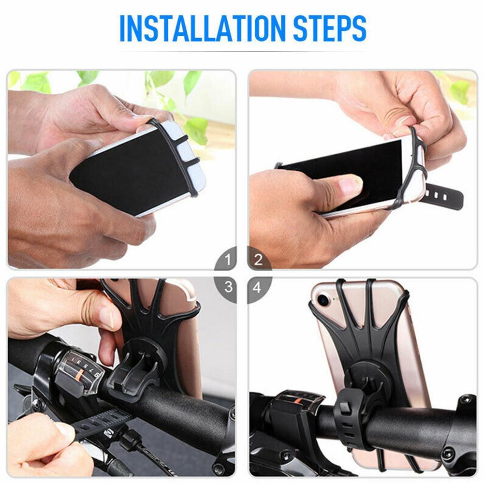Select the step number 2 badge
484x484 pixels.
[x=257, y=261]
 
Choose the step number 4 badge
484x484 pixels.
[x=257, y=288]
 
